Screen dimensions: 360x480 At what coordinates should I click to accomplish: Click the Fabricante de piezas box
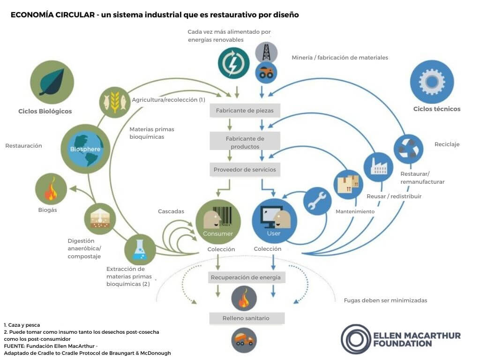tap(245, 111)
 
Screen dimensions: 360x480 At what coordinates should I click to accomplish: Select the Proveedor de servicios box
tap(245, 169)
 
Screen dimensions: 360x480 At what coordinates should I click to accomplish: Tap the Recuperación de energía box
tap(246, 277)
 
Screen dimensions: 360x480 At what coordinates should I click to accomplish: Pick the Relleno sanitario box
tap(246, 318)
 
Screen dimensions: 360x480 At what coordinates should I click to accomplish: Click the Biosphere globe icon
tap(85, 149)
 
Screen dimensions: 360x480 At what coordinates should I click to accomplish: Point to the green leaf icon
tap(52, 82)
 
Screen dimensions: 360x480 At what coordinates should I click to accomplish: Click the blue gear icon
tap(432, 82)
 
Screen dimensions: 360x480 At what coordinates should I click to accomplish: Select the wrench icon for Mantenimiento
tap(317, 201)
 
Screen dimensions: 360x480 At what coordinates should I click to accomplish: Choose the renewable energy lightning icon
tap(233, 63)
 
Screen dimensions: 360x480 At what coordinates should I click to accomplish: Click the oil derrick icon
tap(266, 52)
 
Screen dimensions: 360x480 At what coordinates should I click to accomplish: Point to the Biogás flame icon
tap(51, 189)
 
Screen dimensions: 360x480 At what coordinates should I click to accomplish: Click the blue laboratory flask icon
tap(140, 249)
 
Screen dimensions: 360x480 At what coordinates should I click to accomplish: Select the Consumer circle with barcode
tap(218, 221)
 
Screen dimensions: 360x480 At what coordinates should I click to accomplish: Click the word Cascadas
tap(171, 212)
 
